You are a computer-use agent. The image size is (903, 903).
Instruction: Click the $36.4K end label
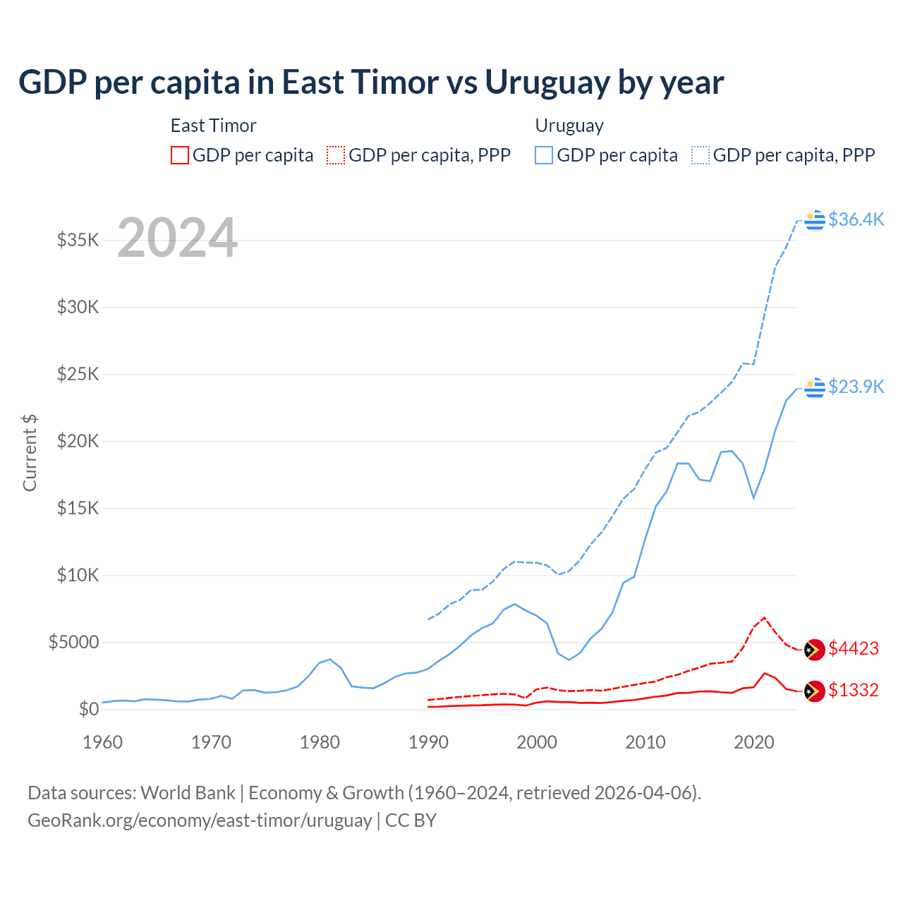click(856, 219)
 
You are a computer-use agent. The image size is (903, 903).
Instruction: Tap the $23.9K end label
click(856, 387)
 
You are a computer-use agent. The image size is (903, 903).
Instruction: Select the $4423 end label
click(854, 648)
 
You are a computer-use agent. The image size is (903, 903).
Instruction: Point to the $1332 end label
click(854, 690)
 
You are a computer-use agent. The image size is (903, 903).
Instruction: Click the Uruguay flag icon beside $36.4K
click(815, 220)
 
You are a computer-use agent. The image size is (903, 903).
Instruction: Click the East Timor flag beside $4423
click(815, 649)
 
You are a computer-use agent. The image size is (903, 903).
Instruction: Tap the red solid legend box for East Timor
click(180, 155)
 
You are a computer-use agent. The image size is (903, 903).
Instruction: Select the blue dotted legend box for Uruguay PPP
click(701, 155)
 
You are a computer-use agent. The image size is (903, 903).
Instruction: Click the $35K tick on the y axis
click(78, 240)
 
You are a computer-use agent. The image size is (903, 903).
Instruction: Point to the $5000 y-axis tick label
click(73, 642)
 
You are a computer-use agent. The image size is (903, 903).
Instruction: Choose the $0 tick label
click(88, 709)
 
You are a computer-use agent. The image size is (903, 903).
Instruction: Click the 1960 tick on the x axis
click(103, 742)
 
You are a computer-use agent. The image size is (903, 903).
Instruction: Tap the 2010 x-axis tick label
click(646, 742)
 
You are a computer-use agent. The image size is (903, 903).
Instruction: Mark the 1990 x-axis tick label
click(428, 742)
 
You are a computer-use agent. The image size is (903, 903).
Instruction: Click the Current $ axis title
click(30, 453)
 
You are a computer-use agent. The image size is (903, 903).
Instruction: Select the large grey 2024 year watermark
click(177, 238)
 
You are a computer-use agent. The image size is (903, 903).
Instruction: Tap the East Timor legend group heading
click(213, 126)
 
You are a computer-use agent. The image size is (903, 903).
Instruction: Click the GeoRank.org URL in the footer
click(200, 820)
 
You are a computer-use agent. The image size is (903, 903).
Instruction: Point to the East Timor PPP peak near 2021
click(764, 617)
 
